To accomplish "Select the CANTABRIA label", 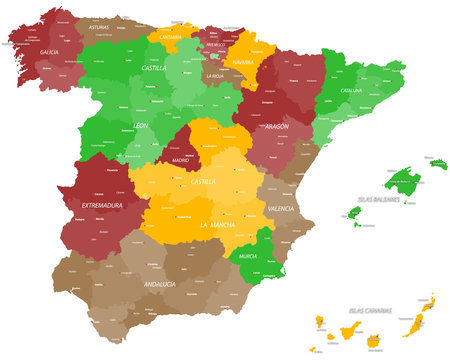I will pyautogui.click(x=170, y=37).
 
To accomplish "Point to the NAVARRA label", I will pyautogui.click(x=242, y=61).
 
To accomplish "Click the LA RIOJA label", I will pyautogui.click(x=214, y=76).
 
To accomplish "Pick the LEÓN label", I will pyautogui.click(x=140, y=126).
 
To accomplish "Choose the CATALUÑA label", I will pyautogui.click(x=350, y=91).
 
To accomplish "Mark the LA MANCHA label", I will pyautogui.click(x=218, y=224).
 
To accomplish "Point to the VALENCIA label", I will pyautogui.click(x=283, y=209).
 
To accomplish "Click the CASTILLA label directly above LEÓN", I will pyautogui.click(x=153, y=68).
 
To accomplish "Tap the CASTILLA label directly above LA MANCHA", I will pyautogui.click(x=203, y=182).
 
